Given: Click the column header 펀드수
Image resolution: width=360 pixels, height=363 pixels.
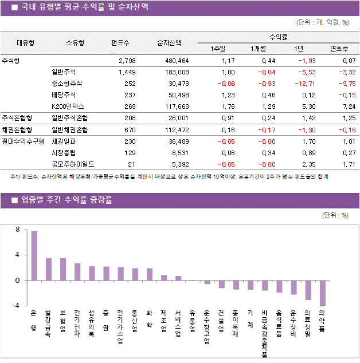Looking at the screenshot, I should coord(120,42).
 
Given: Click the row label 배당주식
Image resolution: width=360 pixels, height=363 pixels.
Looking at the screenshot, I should coord(63,95).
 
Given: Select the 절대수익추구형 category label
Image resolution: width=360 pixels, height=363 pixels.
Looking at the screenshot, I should coord(23,141).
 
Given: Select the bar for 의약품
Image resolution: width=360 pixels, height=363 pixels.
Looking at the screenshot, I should coord(323,293).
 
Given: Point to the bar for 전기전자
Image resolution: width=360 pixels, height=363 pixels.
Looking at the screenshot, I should coord(77,272).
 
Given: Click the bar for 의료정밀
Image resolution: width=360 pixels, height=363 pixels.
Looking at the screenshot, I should coord(308,290).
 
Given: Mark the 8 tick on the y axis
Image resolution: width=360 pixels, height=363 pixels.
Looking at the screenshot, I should coord(18,230).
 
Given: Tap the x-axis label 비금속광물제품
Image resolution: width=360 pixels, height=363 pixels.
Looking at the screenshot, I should coord(264,334).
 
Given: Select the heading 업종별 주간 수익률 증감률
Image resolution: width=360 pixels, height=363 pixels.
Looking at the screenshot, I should coord(66,200).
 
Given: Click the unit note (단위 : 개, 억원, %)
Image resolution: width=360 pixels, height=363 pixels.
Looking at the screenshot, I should coord(323,23).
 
